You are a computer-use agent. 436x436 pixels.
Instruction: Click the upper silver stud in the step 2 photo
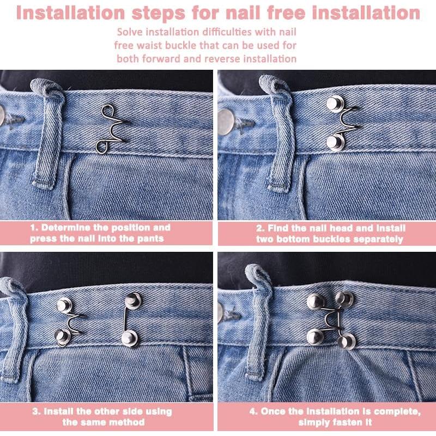point(335,103)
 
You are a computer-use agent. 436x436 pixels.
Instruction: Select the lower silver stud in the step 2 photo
point(335,143)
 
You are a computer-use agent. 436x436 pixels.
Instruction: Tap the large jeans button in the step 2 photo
point(226,122)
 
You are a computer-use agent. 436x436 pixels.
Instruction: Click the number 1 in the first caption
point(33,228)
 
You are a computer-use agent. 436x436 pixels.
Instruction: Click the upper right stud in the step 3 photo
point(132,300)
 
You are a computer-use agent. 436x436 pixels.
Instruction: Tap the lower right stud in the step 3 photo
point(129,338)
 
